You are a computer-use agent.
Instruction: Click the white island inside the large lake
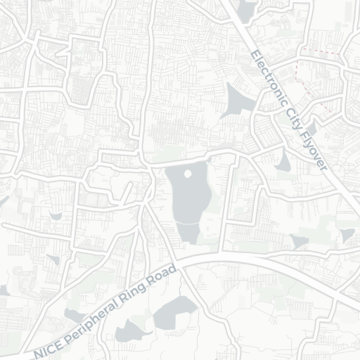click(188, 173)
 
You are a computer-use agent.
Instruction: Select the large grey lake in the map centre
click(186, 200)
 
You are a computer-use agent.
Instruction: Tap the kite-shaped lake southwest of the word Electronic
click(238, 102)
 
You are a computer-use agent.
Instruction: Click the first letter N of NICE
click(37, 350)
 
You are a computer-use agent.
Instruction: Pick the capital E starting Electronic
click(252, 53)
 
